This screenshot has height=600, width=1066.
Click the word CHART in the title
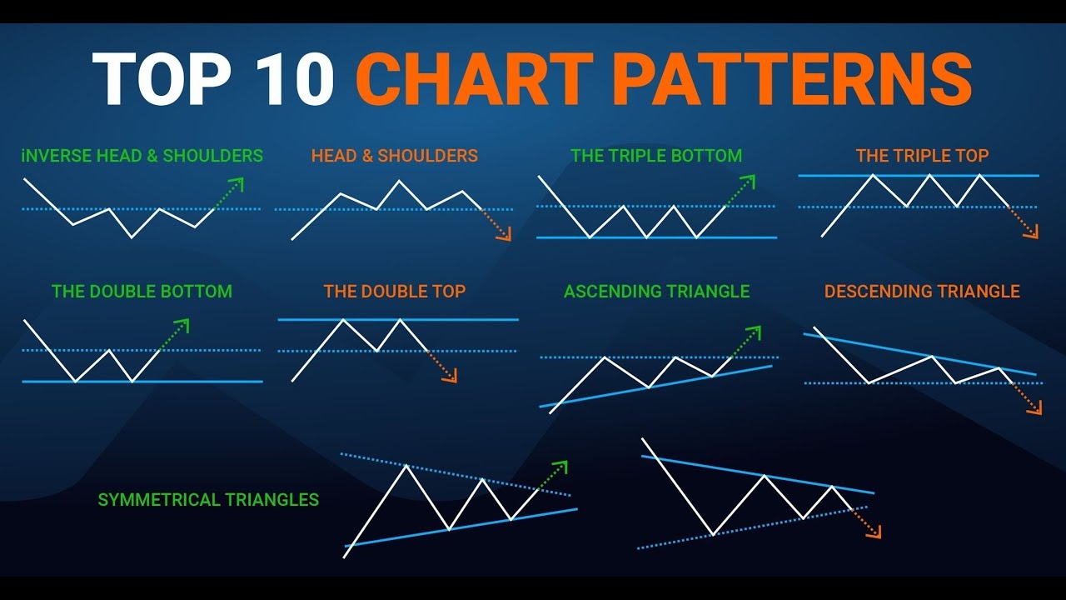click(475, 78)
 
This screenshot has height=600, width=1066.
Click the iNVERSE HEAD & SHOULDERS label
click(142, 156)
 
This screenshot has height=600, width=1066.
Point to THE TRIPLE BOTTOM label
click(656, 156)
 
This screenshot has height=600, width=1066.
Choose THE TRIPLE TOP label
click(922, 155)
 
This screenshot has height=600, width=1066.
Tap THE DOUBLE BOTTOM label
click(142, 292)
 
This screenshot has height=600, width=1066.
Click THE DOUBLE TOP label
click(395, 292)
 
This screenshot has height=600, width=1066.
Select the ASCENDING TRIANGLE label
click(657, 292)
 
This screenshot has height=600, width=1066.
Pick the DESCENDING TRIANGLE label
click(922, 292)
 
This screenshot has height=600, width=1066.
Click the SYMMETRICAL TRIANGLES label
click(208, 500)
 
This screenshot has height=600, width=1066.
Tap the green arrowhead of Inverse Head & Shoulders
click(238, 183)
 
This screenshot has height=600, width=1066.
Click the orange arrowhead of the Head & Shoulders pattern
click(506, 235)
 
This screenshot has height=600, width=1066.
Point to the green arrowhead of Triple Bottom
click(750, 181)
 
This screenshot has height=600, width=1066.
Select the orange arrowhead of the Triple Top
click(1032, 232)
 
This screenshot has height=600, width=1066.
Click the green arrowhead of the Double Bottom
click(184, 324)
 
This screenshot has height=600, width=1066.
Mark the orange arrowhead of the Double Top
click(451, 376)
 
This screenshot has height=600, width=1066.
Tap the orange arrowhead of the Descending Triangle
click(1036, 408)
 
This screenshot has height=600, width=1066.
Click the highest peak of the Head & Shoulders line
click(399, 181)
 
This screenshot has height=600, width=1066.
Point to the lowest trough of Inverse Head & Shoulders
click(132, 237)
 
